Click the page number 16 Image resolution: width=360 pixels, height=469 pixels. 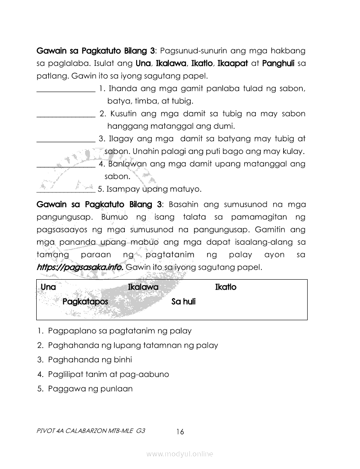point(180,432)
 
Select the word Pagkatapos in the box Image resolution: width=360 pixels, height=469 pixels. point(85,301)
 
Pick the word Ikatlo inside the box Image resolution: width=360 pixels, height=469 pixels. point(226,287)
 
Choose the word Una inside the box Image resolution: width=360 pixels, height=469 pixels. point(48,287)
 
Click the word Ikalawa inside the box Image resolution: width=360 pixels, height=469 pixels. point(143,287)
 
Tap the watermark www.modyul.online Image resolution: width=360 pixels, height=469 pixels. point(180,454)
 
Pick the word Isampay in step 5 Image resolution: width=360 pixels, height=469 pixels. point(121,189)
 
